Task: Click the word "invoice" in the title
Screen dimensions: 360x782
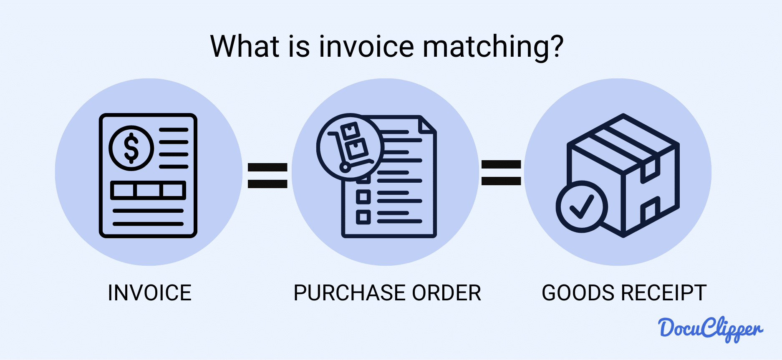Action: click(366, 46)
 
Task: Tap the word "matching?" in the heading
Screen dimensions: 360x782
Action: click(493, 47)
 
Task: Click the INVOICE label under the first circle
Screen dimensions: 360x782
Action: click(149, 293)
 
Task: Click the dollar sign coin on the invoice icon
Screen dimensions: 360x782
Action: click(131, 148)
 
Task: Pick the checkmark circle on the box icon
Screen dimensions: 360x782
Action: click(581, 206)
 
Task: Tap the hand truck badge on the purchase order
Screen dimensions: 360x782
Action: click(350, 147)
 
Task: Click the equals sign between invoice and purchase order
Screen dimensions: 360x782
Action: click(267, 175)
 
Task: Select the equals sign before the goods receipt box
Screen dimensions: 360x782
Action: click(501, 173)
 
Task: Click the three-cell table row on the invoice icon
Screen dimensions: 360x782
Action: click(148, 190)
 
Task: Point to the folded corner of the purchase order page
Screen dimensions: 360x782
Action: click(427, 125)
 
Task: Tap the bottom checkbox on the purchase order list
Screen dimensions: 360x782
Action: click(363, 217)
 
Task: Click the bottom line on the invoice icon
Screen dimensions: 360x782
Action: click(148, 224)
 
